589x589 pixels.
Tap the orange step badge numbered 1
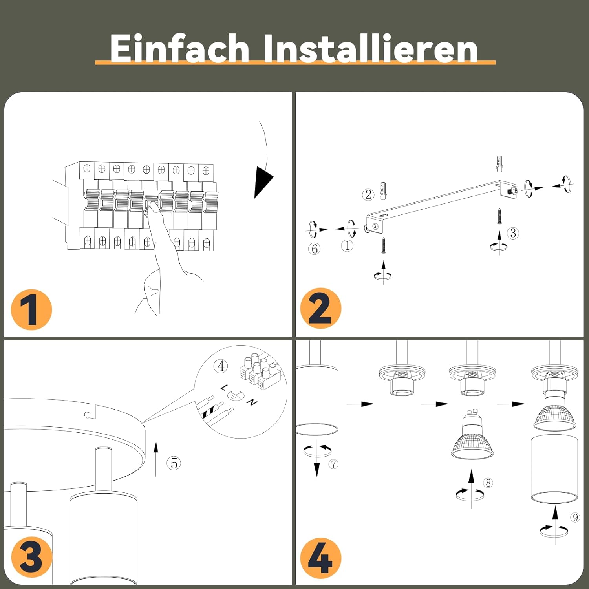click(31, 310)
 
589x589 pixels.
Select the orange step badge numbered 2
click(320, 309)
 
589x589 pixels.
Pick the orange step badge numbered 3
click(31, 557)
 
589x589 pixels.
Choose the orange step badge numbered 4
click(320, 558)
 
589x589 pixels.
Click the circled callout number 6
click(314, 249)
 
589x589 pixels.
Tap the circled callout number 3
click(513, 233)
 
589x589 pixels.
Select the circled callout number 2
click(368, 194)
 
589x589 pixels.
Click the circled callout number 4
click(221, 366)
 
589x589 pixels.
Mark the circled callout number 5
click(174, 463)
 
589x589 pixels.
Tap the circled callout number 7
click(333, 464)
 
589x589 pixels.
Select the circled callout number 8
click(488, 483)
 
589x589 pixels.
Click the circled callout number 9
click(575, 518)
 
